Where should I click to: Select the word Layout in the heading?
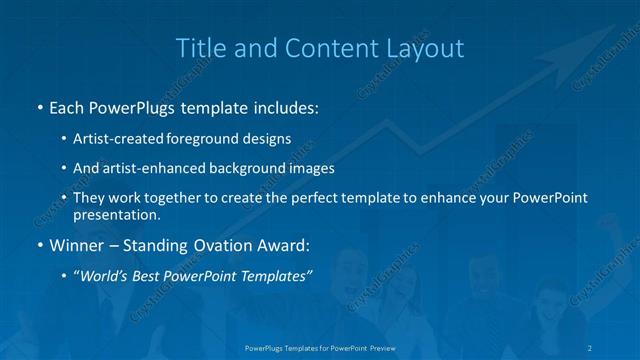coord(426,47)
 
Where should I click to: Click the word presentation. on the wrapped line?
coord(116,214)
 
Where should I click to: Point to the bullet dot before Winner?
coord(39,244)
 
